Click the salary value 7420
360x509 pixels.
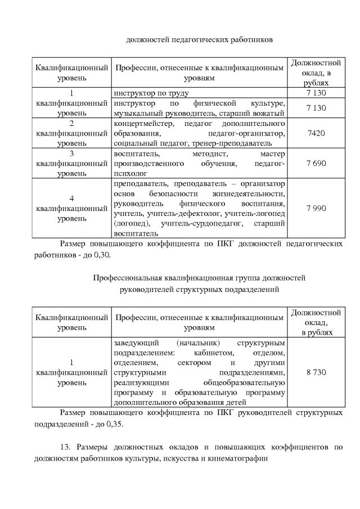pos(316,133)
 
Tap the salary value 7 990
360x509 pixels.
pos(316,208)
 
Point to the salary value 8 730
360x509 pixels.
pos(316,372)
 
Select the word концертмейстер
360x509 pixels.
pos(140,123)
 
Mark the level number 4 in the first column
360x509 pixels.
pos(71,198)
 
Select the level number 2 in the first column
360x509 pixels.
pos(71,123)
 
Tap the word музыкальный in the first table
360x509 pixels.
pos(136,113)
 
